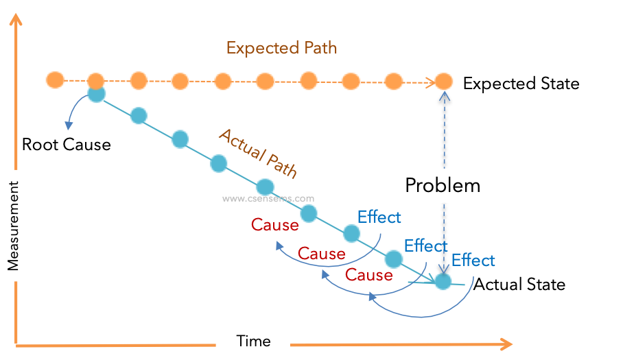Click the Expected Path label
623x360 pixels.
pyautogui.click(x=281, y=48)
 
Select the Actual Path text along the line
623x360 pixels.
pyautogui.click(x=258, y=154)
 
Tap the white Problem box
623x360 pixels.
pyautogui.click(x=443, y=185)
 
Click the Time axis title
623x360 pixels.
pyautogui.click(x=253, y=341)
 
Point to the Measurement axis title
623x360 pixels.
pyautogui.click(x=13, y=225)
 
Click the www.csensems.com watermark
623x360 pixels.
pyautogui.click(x=268, y=199)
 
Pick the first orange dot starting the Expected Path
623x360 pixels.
pyautogui.click(x=55, y=80)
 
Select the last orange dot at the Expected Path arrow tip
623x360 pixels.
pyautogui.click(x=444, y=82)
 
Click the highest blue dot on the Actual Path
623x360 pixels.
pyautogui.click(x=97, y=95)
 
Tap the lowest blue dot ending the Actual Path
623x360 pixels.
pyautogui.click(x=443, y=281)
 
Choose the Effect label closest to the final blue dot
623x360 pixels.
pyautogui.click(x=473, y=261)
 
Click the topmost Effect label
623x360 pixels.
pyautogui.click(x=379, y=217)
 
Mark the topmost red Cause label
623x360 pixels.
pyautogui.click(x=274, y=224)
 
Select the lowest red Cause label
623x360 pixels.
pyautogui.click(x=368, y=275)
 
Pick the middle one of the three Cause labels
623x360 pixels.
pyautogui.click(x=321, y=254)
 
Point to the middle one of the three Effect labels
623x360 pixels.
pyautogui.click(x=425, y=245)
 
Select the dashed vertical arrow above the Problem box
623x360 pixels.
pyautogui.click(x=444, y=130)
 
